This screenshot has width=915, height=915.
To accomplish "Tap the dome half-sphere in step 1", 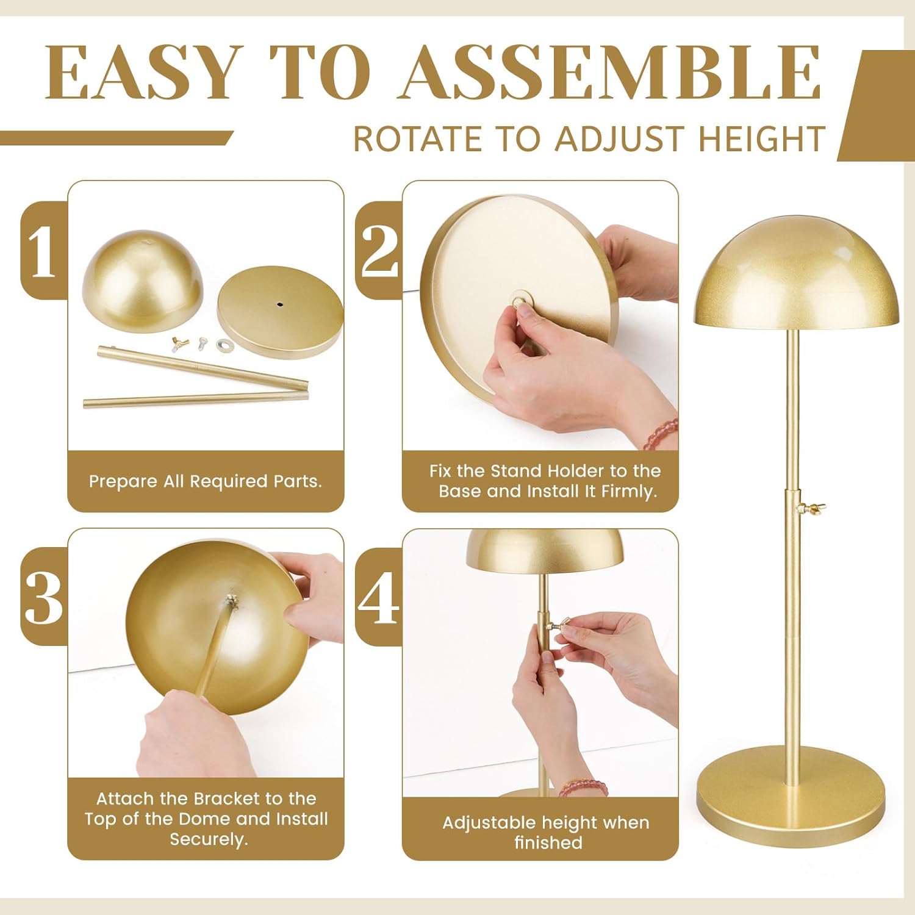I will pos(142,281).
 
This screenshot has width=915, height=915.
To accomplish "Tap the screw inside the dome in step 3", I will pos(231,601).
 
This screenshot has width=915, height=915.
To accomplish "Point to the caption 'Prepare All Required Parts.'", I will pos(205,481).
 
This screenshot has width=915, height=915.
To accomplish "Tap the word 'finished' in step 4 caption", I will pos(548,842).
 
